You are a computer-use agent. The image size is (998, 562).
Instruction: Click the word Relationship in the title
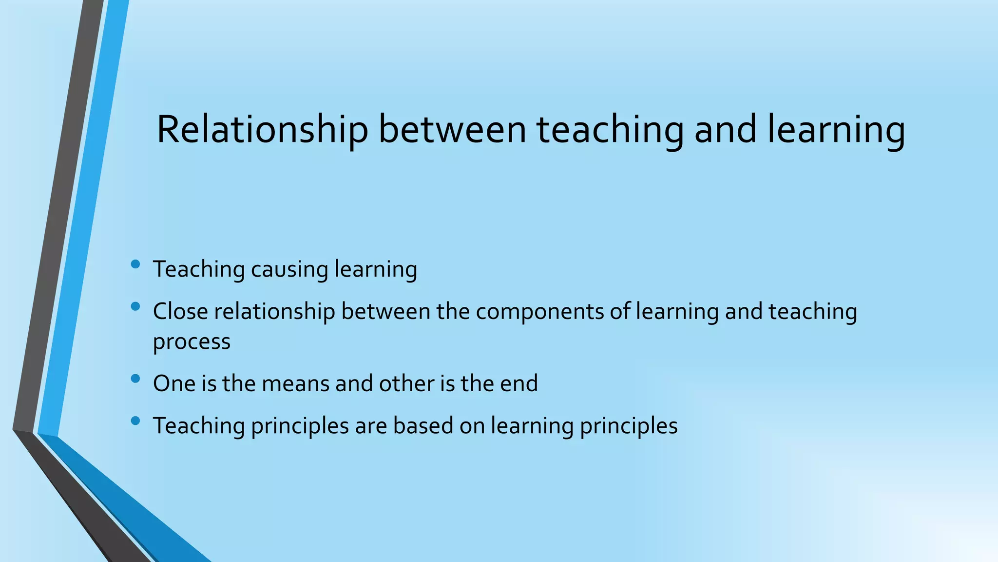[262, 130]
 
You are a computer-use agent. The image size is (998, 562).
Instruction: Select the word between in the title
[452, 130]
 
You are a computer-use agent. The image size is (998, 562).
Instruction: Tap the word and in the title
[725, 130]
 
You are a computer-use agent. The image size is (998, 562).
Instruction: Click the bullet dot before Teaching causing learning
[135, 264]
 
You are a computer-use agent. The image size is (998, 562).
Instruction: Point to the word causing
[289, 269]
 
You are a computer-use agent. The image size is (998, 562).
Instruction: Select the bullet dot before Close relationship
[135, 306]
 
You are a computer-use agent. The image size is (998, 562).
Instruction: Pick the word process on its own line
[192, 342]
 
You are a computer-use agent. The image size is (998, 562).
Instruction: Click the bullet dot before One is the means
[135, 378]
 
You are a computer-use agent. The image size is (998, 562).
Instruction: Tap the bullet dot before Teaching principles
[135, 420]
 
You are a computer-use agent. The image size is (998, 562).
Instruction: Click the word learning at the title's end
[836, 130]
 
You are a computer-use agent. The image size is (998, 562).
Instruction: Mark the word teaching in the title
[610, 130]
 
